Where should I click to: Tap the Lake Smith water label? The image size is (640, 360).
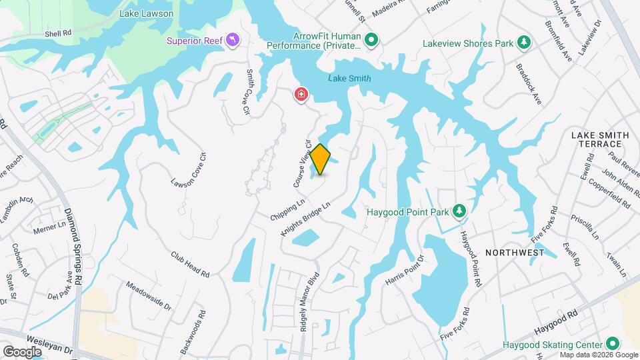point(349,79)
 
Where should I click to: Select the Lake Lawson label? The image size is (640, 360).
point(146,13)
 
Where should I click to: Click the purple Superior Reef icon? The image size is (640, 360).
point(232,41)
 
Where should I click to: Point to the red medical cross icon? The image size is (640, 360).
point(301,95)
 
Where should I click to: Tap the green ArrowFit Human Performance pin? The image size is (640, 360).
point(373,41)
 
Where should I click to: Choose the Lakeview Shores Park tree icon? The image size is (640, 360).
point(525,43)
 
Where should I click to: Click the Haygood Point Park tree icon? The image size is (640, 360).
point(459,211)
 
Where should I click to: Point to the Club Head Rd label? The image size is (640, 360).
point(189,265)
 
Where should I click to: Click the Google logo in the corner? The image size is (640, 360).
point(22,351)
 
